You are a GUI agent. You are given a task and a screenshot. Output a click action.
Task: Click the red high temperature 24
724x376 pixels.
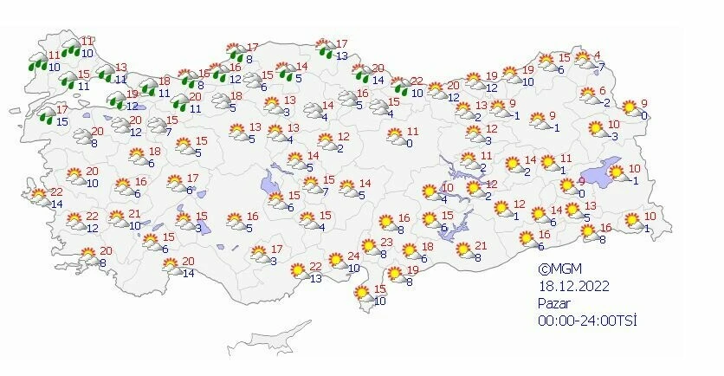353,256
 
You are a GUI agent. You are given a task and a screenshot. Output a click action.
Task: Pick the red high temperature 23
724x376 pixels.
387,243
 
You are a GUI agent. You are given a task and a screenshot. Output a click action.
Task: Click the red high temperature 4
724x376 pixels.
597,56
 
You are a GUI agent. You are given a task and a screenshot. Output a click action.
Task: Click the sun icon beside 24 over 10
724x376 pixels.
335,261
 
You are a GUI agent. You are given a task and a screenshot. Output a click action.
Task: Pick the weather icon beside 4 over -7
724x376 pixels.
581,62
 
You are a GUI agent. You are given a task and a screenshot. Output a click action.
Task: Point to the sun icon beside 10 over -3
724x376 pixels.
595,129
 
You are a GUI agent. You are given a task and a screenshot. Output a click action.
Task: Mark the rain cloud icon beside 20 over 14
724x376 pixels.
362,75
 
